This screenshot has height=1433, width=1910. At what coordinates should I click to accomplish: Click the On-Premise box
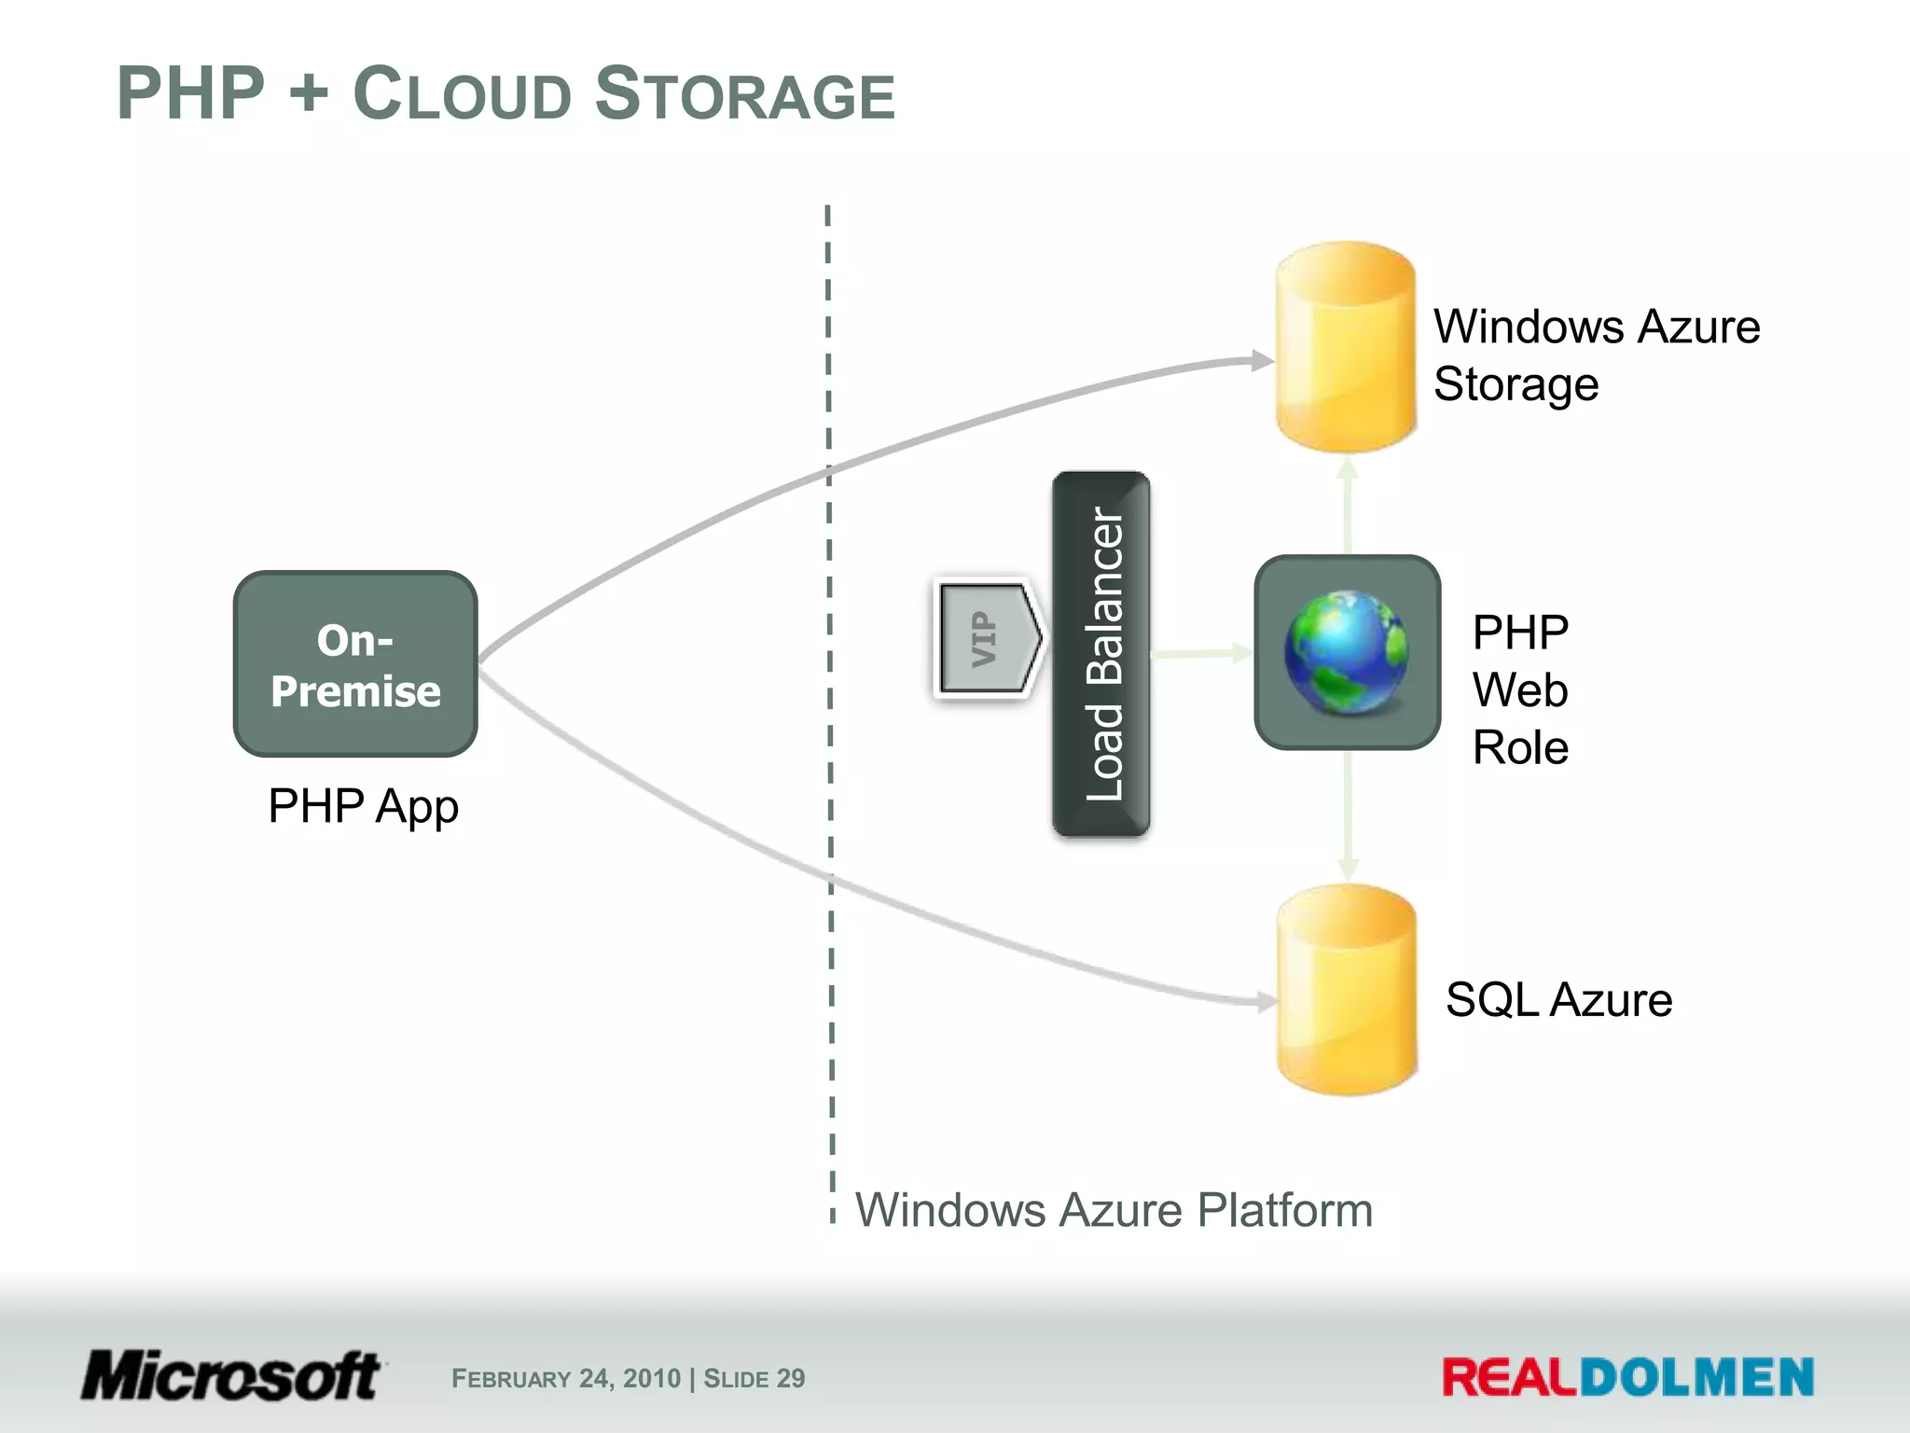coord(355,664)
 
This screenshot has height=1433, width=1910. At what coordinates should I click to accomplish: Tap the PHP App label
coord(363,806)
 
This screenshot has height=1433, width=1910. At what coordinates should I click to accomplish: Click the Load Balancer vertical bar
coord(1101,654)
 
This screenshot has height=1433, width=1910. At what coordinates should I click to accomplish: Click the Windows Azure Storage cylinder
coord(1346,347)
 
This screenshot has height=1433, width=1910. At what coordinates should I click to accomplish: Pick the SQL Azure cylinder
coord(1347,990)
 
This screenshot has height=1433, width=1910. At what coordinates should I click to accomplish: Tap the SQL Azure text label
coord(1558,1000)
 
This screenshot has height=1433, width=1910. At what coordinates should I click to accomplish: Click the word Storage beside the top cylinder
coord(1516,384)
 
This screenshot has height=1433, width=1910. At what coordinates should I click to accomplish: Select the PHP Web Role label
coord(1520,690)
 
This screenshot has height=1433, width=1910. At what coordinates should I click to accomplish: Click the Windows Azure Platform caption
coord(1114,1210)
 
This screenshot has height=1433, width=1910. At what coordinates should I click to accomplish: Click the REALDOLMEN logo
coord(1627,1378)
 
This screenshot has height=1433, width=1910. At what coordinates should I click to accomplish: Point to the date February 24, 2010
coord(566,1379)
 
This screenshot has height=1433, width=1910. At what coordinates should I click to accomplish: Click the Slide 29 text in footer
coord(754,1379)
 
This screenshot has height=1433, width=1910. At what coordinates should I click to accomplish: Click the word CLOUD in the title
coord(461,94)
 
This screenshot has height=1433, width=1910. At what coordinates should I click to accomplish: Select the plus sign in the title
coord(309,94)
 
